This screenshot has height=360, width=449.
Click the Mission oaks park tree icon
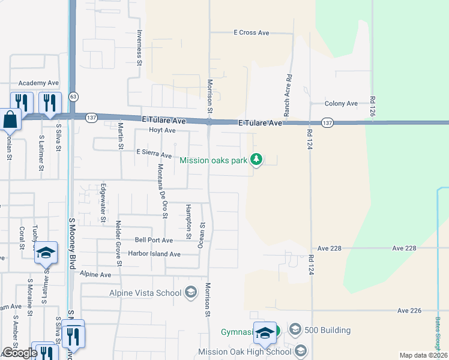tap(256, 160)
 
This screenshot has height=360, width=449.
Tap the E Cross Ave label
tap(252, 33)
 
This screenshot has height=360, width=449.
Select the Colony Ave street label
tap(341, 104)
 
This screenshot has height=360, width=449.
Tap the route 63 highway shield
tap(73, 96)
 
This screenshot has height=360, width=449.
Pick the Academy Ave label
tap(38, 83)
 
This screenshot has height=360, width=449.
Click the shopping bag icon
tap(10, 119)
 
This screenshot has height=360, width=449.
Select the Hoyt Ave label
tap(162, 130)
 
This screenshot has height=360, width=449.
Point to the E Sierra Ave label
tap(154, 152)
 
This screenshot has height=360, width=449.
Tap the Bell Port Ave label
tap(154, 240)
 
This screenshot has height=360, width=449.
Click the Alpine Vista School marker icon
tap(191, 293)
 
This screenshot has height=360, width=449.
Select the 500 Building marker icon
tap(295, 330)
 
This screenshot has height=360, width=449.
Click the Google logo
tap(20, 353)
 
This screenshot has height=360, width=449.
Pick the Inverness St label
tap(139, 47)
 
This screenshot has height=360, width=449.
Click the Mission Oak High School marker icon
tap(300, 352)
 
